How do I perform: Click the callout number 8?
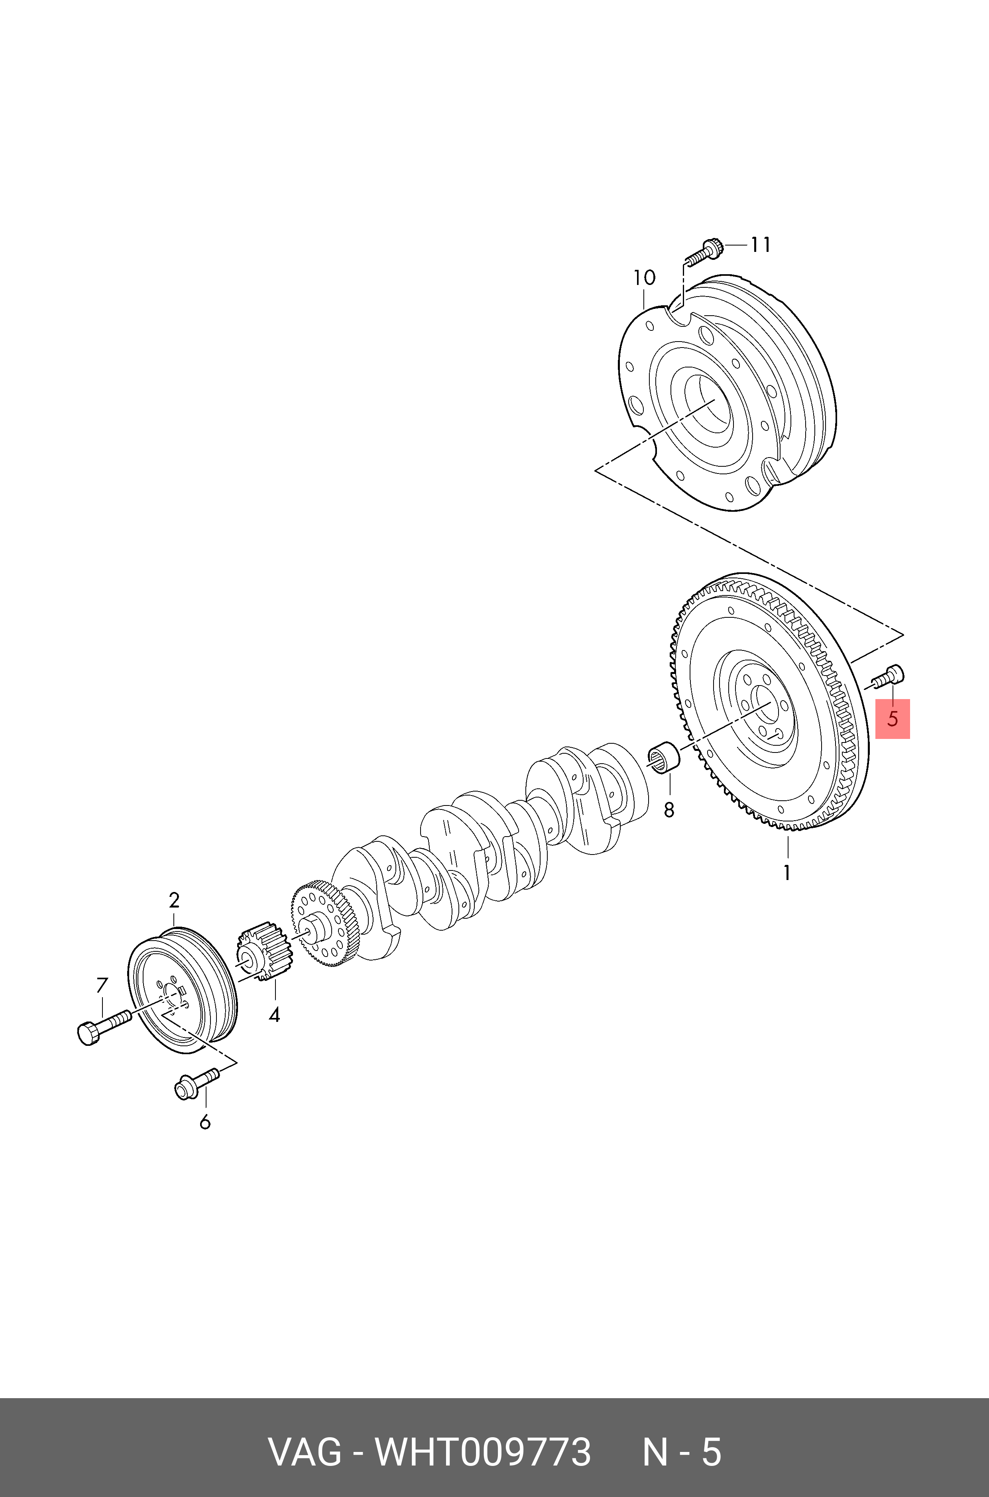(669, 809)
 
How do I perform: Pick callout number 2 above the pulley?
(174, 900)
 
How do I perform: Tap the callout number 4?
(274, 1015)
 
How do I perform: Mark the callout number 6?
(205, 1122)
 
